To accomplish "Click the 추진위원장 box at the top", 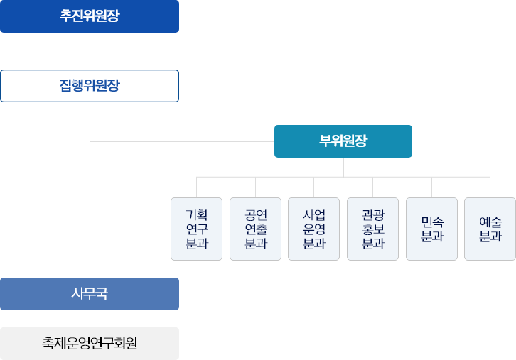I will (x=90, y=16).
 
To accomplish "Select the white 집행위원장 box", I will (x=90, y=85).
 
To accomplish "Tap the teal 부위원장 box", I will (x=343, y=141).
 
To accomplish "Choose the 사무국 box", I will (x=90, y=293).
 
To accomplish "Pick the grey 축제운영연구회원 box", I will (x=90, y=344).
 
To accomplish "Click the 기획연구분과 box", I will (x=196, y=229).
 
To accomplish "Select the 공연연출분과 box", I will (x=255, y=229).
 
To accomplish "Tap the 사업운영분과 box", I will (x=313, y=229).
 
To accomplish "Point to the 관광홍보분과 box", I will (x=372, y=229).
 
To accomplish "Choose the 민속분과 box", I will (x=431, y=229).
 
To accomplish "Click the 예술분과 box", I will (x=490, y=229).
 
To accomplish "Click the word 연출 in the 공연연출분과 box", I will (x=255, y=229).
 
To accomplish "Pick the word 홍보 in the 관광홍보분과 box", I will (x=372, y=229).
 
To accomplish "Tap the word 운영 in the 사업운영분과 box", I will (x=313, y=229).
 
